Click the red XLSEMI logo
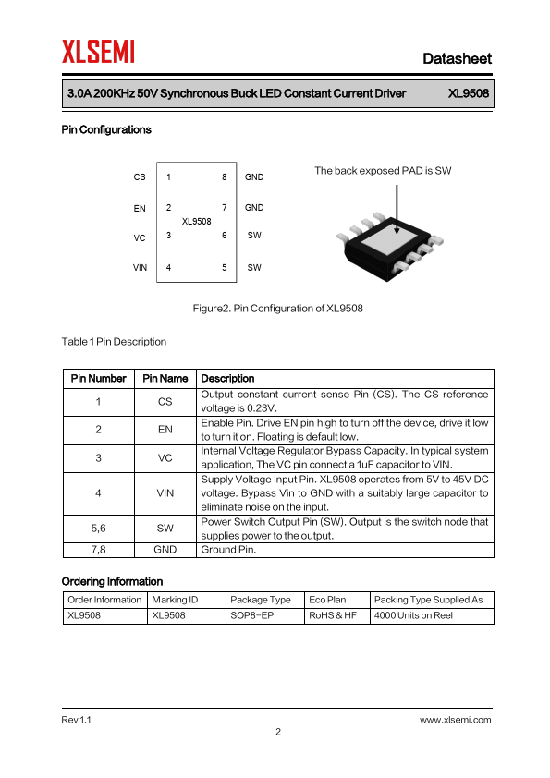coord(98,52)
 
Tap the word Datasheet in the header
coord(457,58)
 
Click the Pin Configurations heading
coord(106,129)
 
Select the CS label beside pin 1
coord(140,177)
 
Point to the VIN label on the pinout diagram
coord(140,267)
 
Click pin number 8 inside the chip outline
coord(225,177)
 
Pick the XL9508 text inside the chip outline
coord(197,221)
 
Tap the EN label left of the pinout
coord(140,209)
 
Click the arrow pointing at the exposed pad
coord(397,210)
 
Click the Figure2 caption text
coord(278,308)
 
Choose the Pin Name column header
coord(165,379)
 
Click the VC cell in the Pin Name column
coord(165,458)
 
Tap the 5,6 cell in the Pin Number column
coord(98,528)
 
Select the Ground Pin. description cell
coord(228,550)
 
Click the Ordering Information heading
coord(112,581)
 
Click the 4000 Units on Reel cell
coord(413,615)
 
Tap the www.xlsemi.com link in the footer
coord(455,720)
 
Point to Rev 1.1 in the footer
coord(77,720)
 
